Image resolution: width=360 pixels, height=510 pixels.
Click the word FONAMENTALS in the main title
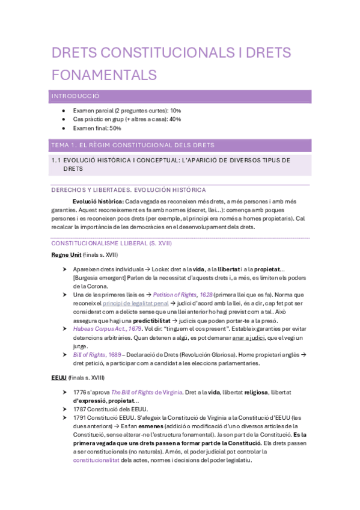tap(104, 75)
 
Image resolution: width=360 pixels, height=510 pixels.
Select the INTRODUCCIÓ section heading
tap(75, 96)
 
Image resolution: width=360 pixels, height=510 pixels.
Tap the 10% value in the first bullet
tap(175, 111)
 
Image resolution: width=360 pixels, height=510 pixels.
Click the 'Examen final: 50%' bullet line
tap(97, 128)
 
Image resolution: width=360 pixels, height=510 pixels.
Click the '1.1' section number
tap(56, 160)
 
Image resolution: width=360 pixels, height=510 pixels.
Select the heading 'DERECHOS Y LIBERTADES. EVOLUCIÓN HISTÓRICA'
tap(129, 190)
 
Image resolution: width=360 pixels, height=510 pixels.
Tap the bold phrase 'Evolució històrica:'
tap(98, 201)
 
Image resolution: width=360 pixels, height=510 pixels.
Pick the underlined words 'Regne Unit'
tap(66, 255)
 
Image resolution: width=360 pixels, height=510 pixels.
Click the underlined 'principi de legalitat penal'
tap(135, 304)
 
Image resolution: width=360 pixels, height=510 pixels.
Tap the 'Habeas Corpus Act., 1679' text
tap(107, 329)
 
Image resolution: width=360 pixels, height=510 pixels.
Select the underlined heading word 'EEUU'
tap(59, 378)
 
